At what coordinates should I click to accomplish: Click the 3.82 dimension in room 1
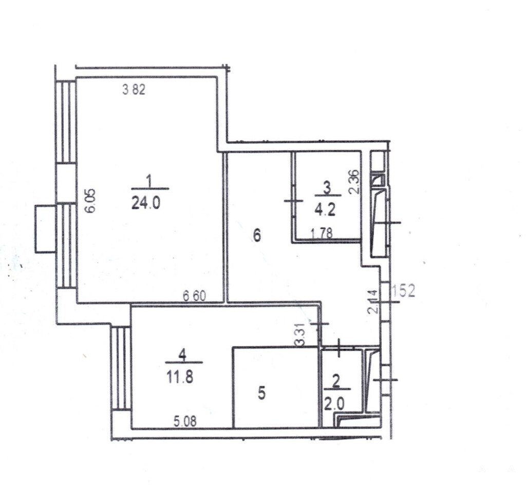(134, 90)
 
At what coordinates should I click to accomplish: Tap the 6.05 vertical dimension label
(90, 200)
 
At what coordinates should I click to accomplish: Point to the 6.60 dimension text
(195, 296)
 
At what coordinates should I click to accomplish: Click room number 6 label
(257, 235)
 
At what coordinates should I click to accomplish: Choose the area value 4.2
(325, 210)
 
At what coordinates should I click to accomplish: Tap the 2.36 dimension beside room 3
(354, 182)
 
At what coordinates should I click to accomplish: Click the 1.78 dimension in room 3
(322, 233)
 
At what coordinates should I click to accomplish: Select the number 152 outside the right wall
(403, 291)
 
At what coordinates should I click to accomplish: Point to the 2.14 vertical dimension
(373, 302)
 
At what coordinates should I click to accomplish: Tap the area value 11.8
(180, 377)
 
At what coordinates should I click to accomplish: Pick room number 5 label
(261, 392)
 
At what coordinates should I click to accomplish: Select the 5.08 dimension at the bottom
(185, 421)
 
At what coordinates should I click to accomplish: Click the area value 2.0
(334, 404)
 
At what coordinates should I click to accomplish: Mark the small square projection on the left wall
(45, 229)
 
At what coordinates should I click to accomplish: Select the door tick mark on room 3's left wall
(293, 200)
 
